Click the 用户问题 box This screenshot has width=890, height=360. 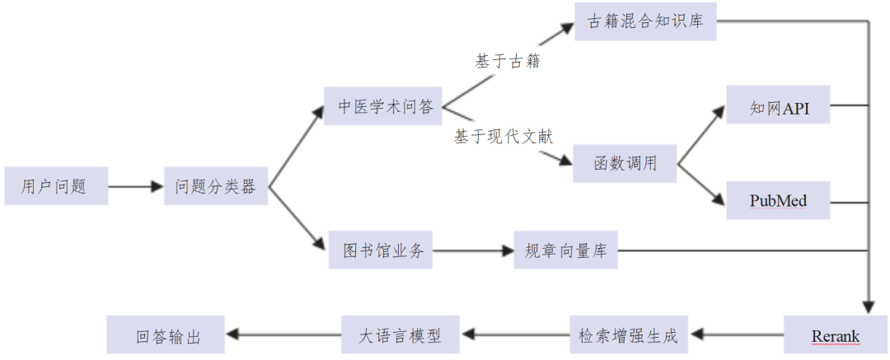(x=55, y=187)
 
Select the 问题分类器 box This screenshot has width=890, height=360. (x=217, y=187)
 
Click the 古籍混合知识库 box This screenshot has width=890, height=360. (x=646, y=21)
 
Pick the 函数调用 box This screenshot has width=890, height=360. (x=625, y=163)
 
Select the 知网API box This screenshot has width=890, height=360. (x=777, y=105)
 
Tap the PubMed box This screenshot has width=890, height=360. (x=777, y=201)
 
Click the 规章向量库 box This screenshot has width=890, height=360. (x=565, y=250)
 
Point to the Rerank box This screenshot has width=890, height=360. (x=835, y=336)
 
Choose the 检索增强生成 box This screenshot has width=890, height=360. (x=628, y=336)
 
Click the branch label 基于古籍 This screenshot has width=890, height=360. (x=507, y=62)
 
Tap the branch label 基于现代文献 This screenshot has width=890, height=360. (x=503, y=137)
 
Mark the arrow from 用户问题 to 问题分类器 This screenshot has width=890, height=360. (x=136, y=187)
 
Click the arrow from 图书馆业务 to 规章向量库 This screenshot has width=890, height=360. (x=474, y=250)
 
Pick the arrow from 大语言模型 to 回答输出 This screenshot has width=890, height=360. (x=284, y=334)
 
